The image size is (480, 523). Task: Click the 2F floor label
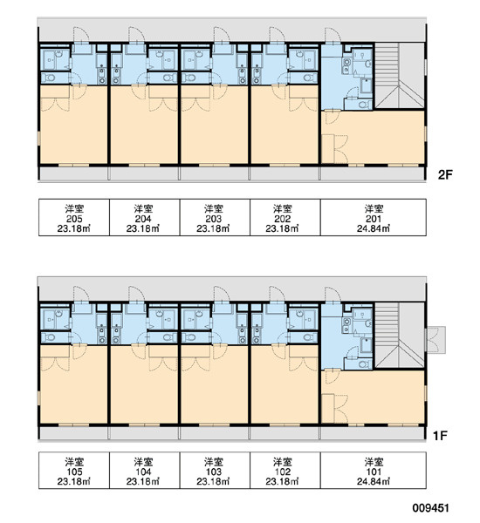click(445, 174)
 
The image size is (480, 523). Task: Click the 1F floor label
click(440, 435)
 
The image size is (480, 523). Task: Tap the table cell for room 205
click(74, 217)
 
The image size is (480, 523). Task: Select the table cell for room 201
click(374, 217)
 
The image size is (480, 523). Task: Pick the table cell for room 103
click(215, 471)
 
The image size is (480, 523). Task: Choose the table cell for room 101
click(374, 471)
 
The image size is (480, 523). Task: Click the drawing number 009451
click(430, 508)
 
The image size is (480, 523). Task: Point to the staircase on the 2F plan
click(400, 75)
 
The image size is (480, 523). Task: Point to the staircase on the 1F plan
click(400, 336)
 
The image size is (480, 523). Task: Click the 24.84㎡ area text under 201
click(374, 228)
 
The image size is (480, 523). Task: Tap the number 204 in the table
click(143, 219)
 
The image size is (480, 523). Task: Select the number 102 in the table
click(283, 472)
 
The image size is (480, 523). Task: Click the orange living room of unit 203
click(215, 130)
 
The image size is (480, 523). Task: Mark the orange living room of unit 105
click(74, 389)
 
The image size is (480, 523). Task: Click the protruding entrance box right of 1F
click(435, 340)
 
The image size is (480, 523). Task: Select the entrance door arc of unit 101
click(333, 295)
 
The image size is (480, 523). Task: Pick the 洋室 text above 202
click(283, 209)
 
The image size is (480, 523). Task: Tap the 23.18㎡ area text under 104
click(142, 482)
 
